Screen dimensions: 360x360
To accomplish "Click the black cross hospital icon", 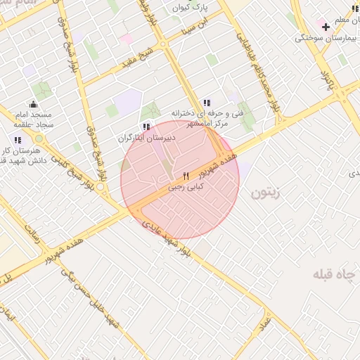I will (x=326, y=26).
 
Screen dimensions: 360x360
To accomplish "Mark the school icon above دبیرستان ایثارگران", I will (x=146, y=127).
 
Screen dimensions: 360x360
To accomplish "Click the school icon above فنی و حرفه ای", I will (x=206, y=103).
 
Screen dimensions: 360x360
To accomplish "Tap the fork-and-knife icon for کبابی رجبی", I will (x=186, y=176).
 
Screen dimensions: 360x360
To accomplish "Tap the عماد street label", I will (x=264, y=326).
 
